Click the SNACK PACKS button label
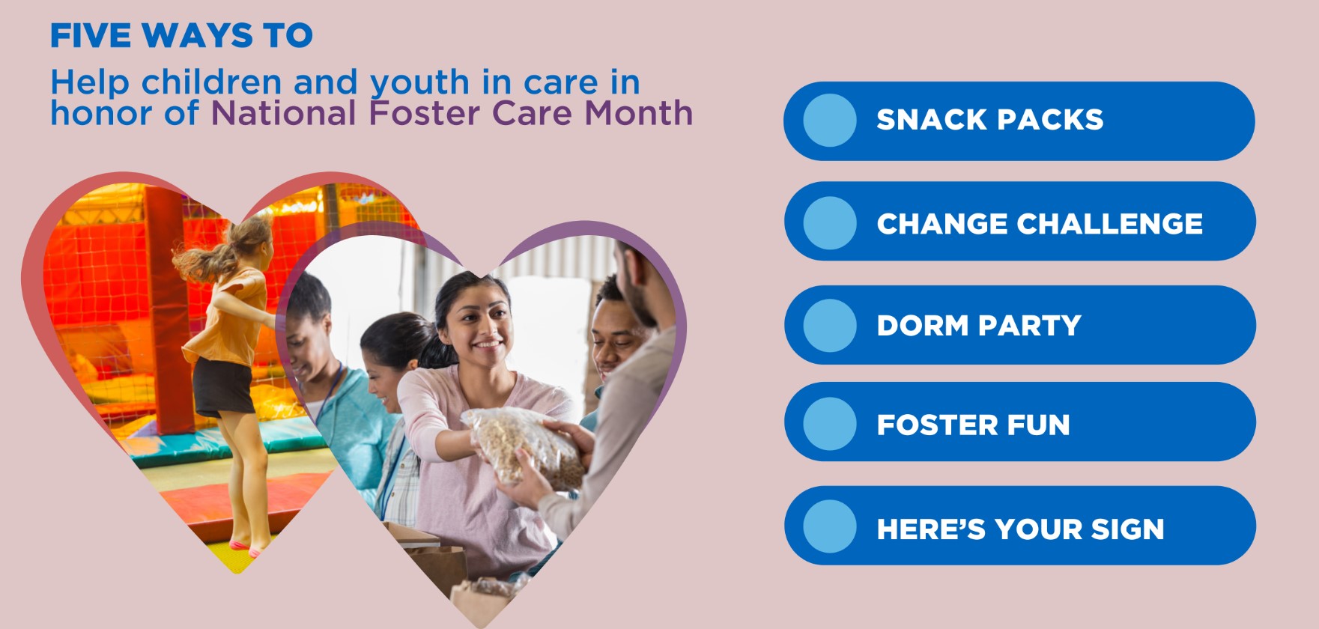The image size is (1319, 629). coord(989,120)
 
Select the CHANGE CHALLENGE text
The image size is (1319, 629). coord(1040,224)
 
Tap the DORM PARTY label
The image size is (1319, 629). coord(979,326)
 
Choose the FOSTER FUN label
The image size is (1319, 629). coord(973,425)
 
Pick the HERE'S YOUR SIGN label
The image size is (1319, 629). coord(1020,529)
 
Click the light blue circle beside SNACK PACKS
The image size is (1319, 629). coord(830,121)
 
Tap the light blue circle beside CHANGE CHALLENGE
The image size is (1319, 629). coord(830,223)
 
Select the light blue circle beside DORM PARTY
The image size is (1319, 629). coord(830,326)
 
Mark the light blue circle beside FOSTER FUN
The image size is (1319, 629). coord(830,424)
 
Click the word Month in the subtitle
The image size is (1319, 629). coord(638,113)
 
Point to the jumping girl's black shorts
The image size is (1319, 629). coord(222,386)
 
